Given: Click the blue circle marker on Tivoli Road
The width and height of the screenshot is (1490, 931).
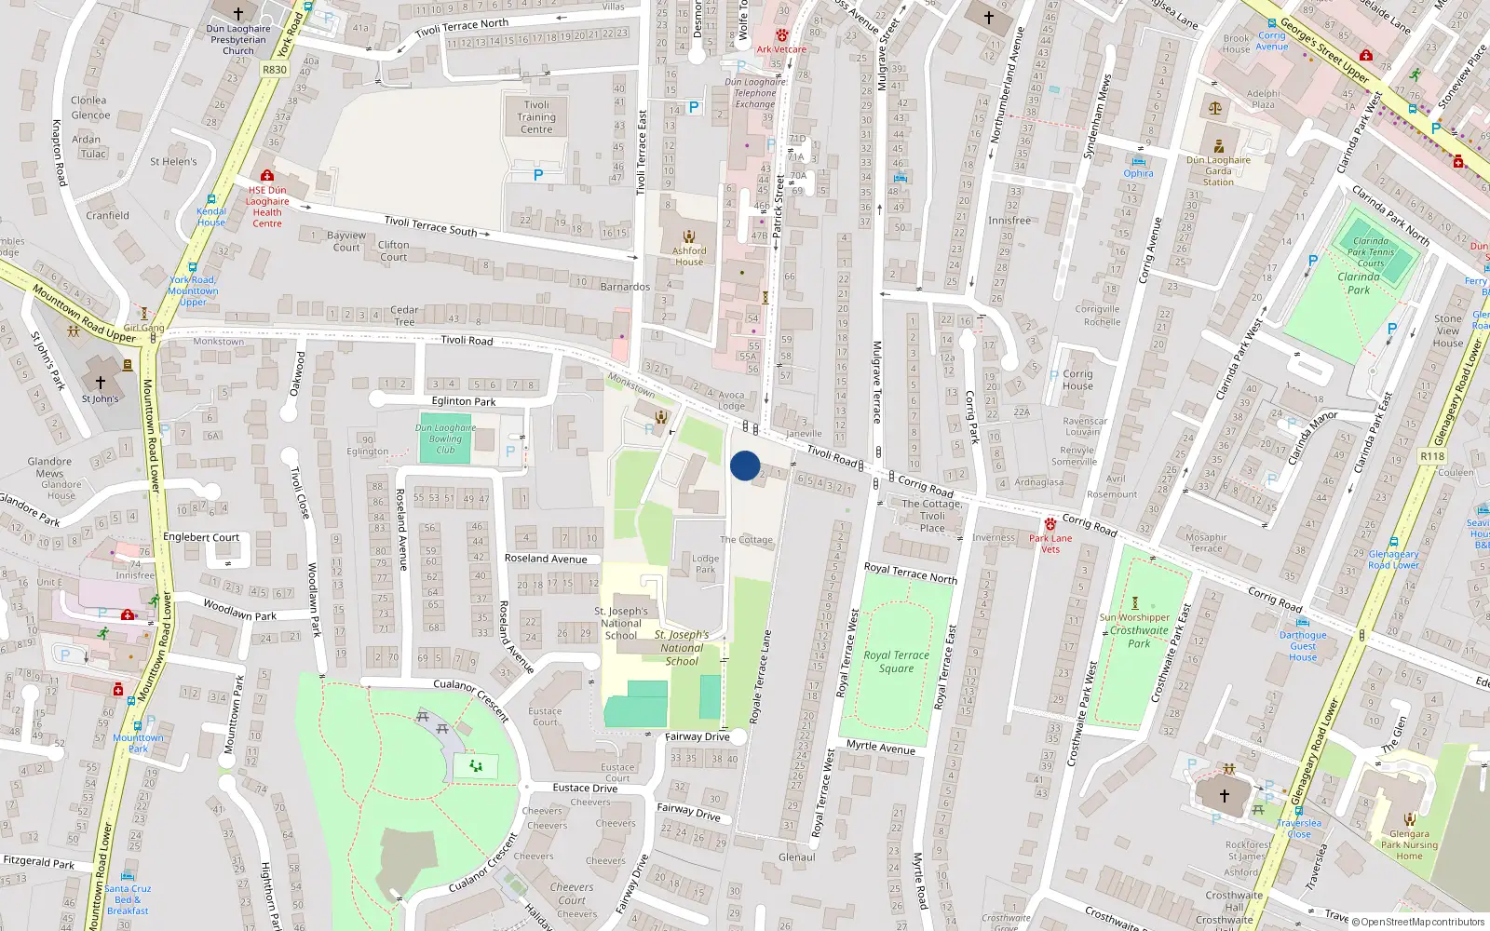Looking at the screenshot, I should (x=745, y=465).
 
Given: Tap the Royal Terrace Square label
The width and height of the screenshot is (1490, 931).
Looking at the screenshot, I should (x=896, y=661).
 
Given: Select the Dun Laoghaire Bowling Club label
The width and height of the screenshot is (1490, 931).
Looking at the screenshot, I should (x=445, y=439).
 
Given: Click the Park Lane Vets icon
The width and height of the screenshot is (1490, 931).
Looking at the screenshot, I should (x=1050, y=524).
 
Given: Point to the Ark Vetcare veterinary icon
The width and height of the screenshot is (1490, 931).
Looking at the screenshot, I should (x=781, y=35).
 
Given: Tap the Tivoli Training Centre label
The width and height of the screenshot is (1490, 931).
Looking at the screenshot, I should (x=536, y=117).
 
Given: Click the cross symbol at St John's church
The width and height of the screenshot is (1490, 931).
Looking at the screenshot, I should (x=101, y=383).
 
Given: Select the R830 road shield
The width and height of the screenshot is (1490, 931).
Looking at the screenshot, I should (x=275, y=70).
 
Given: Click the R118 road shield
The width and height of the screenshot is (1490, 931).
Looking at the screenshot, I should (x=1432, y=456).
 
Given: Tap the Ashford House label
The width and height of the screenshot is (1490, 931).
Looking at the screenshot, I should (x=689, y=256).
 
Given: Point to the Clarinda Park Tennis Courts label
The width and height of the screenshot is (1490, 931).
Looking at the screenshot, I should (x=1371, y=251).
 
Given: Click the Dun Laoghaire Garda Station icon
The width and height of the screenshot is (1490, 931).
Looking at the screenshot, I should (x=1218, y=146).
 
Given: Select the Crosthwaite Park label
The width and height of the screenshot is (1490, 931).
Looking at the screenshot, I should (x=1139, y=637).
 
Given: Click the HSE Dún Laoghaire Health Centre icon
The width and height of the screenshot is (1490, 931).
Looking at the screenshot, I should (x=267, y=175).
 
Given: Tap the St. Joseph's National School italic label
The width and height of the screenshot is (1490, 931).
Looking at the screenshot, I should (x=682, y=648).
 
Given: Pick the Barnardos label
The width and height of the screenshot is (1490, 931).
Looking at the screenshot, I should (x=625, y=287).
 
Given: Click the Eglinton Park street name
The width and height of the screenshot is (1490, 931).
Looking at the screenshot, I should (x=464, y=401).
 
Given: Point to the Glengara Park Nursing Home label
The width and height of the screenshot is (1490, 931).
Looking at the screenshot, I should (x=1409, y=845).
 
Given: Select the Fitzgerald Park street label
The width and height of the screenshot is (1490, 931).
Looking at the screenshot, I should (x=38, y=862).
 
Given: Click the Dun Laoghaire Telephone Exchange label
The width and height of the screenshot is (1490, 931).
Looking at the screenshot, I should (x=755, y=93).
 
